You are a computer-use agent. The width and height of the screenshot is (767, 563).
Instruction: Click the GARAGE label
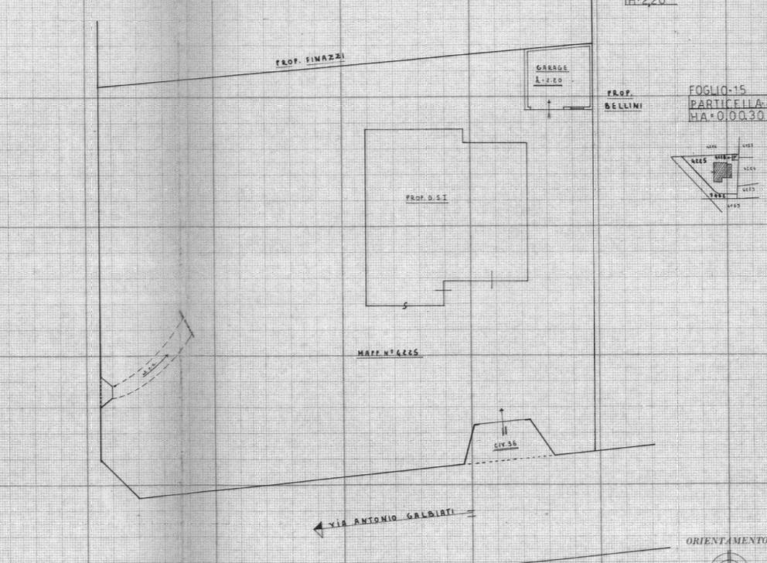552,68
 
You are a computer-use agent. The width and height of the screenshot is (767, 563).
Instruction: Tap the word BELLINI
623,107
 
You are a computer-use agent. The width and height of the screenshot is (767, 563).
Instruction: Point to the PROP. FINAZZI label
299,60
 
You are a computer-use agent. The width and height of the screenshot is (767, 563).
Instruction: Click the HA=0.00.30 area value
725,115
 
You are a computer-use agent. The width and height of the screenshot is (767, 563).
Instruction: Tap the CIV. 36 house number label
506,445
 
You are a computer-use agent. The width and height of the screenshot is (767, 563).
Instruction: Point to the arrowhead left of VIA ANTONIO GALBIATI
319,530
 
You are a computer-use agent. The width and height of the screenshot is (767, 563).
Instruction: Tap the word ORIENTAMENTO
725,541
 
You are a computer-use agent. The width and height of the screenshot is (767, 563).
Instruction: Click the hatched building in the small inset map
722,170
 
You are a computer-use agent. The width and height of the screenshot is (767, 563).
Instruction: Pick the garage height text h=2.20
551,79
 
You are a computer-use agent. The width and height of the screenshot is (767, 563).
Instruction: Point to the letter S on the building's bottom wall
406,306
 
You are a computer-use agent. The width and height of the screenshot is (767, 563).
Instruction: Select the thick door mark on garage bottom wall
572,109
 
